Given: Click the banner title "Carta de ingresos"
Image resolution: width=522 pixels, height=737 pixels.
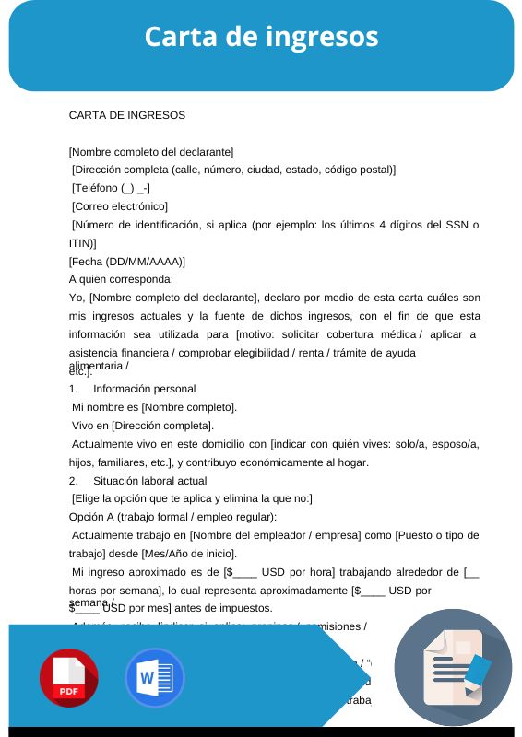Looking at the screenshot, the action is click(261, 37).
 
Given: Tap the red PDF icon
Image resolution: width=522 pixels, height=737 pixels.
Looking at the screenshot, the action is click(68, 678).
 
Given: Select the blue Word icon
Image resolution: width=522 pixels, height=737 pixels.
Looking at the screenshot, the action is click(154, 678).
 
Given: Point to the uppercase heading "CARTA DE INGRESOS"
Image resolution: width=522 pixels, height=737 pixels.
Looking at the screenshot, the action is click(127, 115).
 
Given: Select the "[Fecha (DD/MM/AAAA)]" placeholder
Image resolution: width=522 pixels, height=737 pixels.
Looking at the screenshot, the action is click(127, 261).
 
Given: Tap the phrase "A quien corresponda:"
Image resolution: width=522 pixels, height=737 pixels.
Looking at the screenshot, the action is click(121, 278).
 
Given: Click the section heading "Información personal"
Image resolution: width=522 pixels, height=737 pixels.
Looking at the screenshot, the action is click(145, 389).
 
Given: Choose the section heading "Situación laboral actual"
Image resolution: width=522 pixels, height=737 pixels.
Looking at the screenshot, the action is click(150, 480).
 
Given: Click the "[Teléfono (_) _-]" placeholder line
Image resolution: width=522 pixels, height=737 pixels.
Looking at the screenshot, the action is click(112, 187).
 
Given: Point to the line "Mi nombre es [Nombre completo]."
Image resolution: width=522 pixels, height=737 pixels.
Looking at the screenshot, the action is click(154, 406).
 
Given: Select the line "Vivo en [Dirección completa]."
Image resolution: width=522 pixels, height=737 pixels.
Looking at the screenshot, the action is click(142, 425).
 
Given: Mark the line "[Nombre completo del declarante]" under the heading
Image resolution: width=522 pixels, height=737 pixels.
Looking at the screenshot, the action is click(151, 151).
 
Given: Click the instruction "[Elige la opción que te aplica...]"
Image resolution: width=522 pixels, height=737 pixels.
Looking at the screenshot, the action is click(192, 498).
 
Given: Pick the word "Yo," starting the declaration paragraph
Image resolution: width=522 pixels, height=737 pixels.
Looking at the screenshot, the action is click(77, 298).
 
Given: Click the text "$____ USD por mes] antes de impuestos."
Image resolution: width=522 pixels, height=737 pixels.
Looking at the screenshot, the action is click(171, 608).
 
